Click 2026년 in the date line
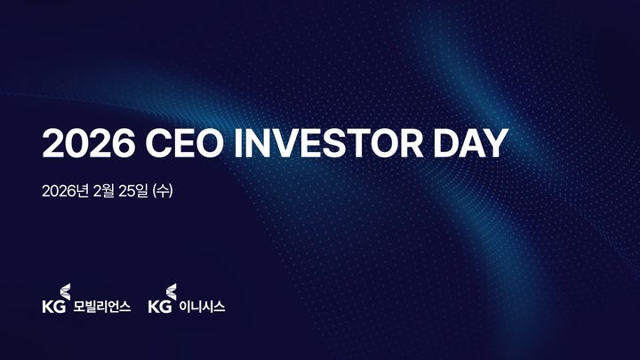(x=65, y=189)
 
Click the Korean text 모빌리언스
(x=102, y=308)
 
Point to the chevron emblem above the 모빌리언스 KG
(x=63, y=292)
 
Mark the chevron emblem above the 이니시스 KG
(x=172, y=292)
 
